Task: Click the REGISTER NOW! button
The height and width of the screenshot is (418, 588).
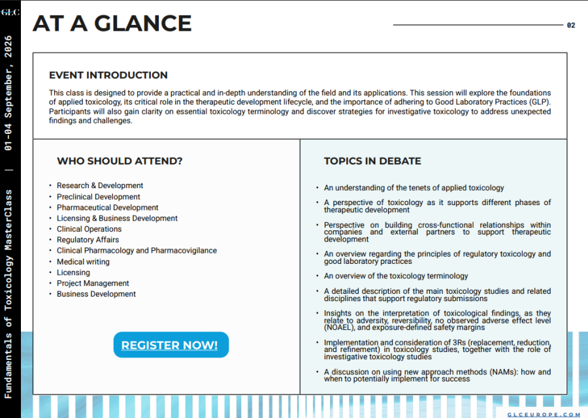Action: (170, 345)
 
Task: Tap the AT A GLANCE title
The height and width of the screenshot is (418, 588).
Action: (112, 24)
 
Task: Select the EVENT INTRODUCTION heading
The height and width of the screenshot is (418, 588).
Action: (108, 75)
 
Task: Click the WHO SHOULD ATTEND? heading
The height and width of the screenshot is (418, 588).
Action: (120, 161)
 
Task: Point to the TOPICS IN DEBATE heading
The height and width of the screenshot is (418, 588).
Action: (372, 161)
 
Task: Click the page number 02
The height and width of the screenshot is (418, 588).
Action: (571, 25)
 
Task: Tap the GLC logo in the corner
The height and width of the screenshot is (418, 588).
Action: (10, 12)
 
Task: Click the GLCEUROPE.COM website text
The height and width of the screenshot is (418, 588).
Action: (544, 414)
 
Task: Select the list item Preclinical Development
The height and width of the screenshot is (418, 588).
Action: (99, 197)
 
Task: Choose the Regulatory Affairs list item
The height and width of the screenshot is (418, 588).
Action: (88, 240)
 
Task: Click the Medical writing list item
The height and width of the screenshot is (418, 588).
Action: (83, 262)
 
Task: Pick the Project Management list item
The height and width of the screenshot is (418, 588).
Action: (93, 283)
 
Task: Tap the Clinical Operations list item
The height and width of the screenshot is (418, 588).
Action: (89, 229)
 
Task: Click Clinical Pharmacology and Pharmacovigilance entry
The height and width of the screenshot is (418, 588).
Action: (137, 251)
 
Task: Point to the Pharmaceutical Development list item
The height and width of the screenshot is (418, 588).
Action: (108, 208)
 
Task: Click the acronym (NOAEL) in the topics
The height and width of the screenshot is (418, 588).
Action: (340, 327)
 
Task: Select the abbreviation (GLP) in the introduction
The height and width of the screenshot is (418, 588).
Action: (539, 103)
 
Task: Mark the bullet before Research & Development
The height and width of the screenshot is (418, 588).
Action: (50, 186)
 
